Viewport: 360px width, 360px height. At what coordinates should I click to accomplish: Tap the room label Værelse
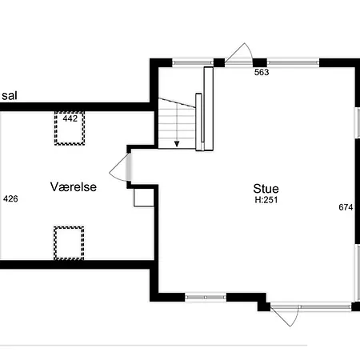[x=74, y=186]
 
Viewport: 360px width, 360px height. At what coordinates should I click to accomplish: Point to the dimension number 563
[x=262, y=73]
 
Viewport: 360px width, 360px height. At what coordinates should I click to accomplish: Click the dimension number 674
[x=346, y=207]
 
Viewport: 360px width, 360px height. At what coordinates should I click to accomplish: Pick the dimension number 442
[x=70, y=118]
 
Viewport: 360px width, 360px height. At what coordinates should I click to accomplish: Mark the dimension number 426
[x=10, y=198]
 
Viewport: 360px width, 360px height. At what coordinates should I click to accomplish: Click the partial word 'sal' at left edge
[x=9, y=95]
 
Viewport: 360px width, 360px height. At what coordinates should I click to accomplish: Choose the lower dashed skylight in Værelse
[x=69, y=242]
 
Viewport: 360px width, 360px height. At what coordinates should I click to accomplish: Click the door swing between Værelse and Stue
[x=118, y=168]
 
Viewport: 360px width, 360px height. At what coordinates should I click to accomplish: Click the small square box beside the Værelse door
[x=143, y=197]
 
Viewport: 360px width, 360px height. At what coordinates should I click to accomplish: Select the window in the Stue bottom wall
[x=205, y=297]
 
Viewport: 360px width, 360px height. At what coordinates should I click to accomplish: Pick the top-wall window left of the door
[x=192, y=62]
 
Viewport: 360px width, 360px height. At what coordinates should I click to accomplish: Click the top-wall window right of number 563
[x=293, y=62]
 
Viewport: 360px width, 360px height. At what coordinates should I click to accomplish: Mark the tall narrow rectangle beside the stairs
[x=209, y=107]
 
